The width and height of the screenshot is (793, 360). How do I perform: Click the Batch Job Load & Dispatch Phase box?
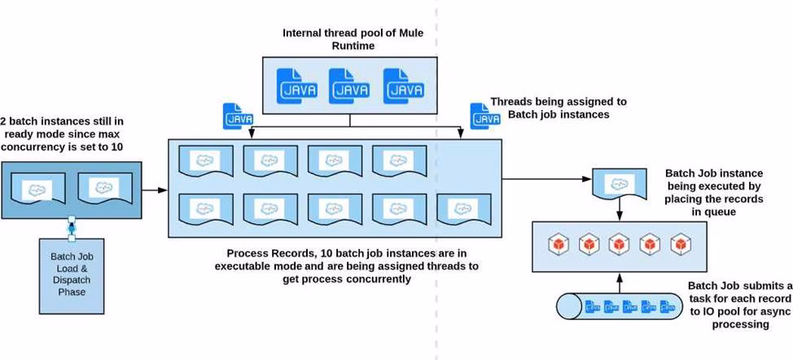tap(73, 274)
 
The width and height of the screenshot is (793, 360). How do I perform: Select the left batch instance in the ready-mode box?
tap(37, 190)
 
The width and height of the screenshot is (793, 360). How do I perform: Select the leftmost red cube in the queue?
tap(557, 244)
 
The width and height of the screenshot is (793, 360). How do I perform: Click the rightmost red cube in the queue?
tap(680, 244)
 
